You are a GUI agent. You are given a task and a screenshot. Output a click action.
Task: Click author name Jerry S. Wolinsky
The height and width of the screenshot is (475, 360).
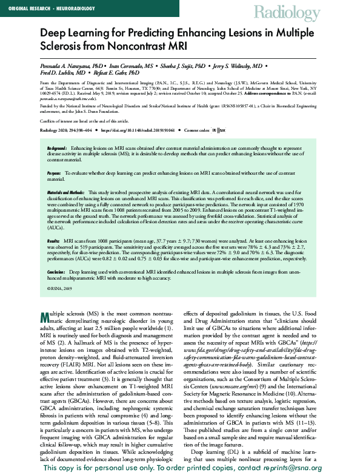tap(240, 64)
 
